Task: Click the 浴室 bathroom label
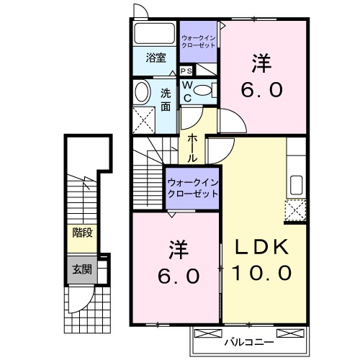(156, 58)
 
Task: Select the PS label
(186, 71)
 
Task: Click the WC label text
(186, 91)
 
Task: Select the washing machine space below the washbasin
(146, 120)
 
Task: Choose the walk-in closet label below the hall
(192, 189)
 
